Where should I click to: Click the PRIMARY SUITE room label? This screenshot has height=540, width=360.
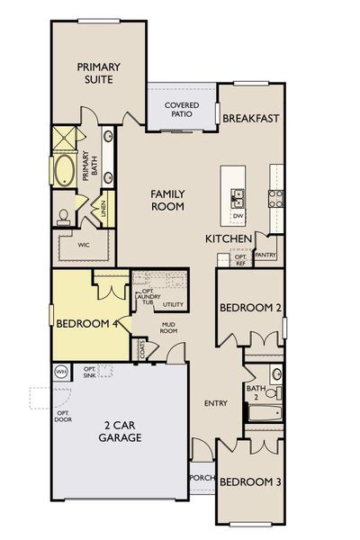(99, 72)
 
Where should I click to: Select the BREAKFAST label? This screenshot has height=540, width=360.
(251, 118)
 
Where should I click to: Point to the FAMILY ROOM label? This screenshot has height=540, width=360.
(167, 199)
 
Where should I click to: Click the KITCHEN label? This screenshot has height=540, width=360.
(228, 238)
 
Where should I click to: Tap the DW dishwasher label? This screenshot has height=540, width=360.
(238, 216)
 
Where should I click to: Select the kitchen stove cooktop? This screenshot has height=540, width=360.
(274, 197)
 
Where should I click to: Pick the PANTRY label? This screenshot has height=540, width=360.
(265, 256)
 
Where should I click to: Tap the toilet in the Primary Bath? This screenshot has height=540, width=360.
(65, 215)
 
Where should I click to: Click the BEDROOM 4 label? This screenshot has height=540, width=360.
(88, 324)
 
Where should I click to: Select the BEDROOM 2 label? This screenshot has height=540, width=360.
(251, 308)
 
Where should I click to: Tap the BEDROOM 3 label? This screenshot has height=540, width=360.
(248, 481)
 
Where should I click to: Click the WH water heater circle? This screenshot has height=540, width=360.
(61, 371)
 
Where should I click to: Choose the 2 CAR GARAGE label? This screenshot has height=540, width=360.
(121, 431)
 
